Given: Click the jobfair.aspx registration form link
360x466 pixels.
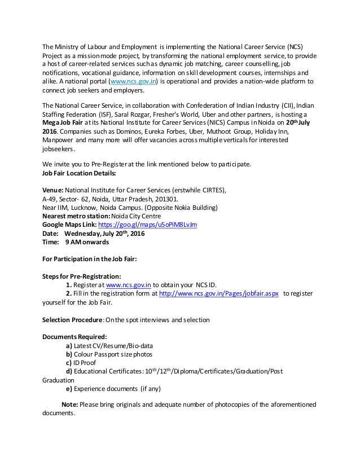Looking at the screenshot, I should click(219, 294).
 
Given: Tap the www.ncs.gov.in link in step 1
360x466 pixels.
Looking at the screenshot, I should click(133, 285).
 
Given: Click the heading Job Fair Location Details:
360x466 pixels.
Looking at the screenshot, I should click(79, 173).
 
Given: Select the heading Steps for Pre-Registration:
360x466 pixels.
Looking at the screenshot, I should click(82, 276).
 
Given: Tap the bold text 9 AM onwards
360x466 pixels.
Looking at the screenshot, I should click(87, 242).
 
